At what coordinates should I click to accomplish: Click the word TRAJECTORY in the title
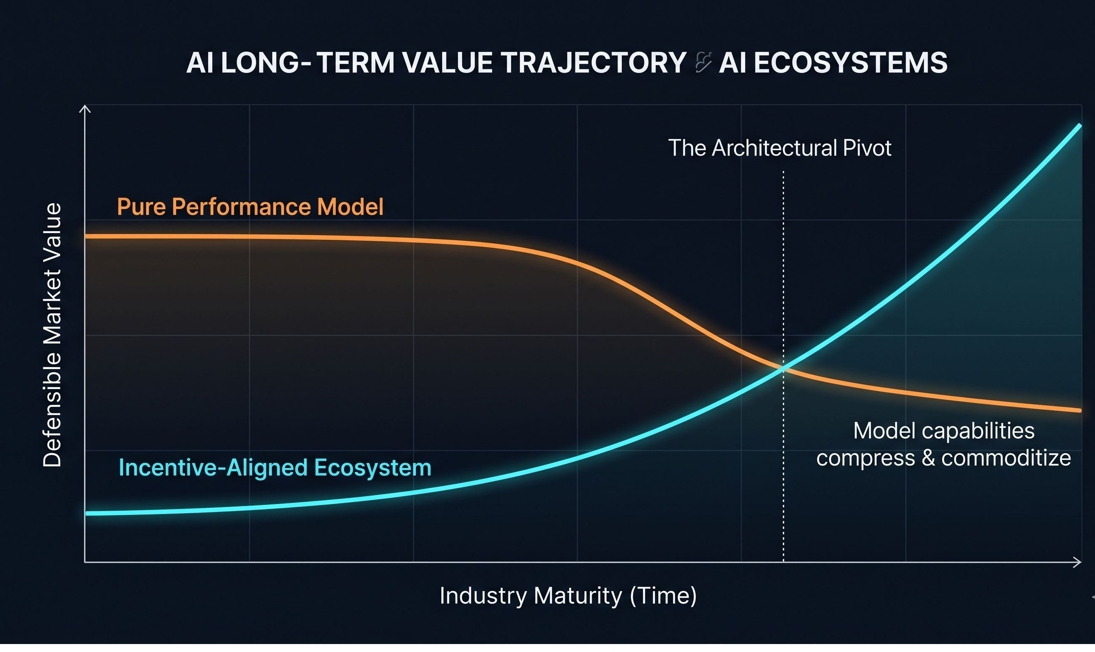pos(593,63)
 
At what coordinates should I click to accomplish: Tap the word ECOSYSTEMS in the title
pos(850,63)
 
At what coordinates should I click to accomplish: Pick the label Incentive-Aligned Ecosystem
pos(275,468)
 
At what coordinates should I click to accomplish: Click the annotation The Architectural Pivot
pos(780,148)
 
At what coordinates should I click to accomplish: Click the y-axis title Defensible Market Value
pos(52,335)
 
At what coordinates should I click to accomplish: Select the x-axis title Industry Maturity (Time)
pos(568,596)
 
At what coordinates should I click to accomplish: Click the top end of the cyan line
pos(1079,126)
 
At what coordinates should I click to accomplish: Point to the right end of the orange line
pos(1079,410)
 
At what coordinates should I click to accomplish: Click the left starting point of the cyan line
pos(88,513)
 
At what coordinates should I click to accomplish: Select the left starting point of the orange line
pos(87,236)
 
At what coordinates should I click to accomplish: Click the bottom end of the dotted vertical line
pos(783,561)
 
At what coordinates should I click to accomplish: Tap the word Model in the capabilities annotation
pos(884,431)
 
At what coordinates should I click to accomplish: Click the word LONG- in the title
pos(266,63)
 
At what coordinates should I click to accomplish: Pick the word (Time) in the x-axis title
pos(663,596)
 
